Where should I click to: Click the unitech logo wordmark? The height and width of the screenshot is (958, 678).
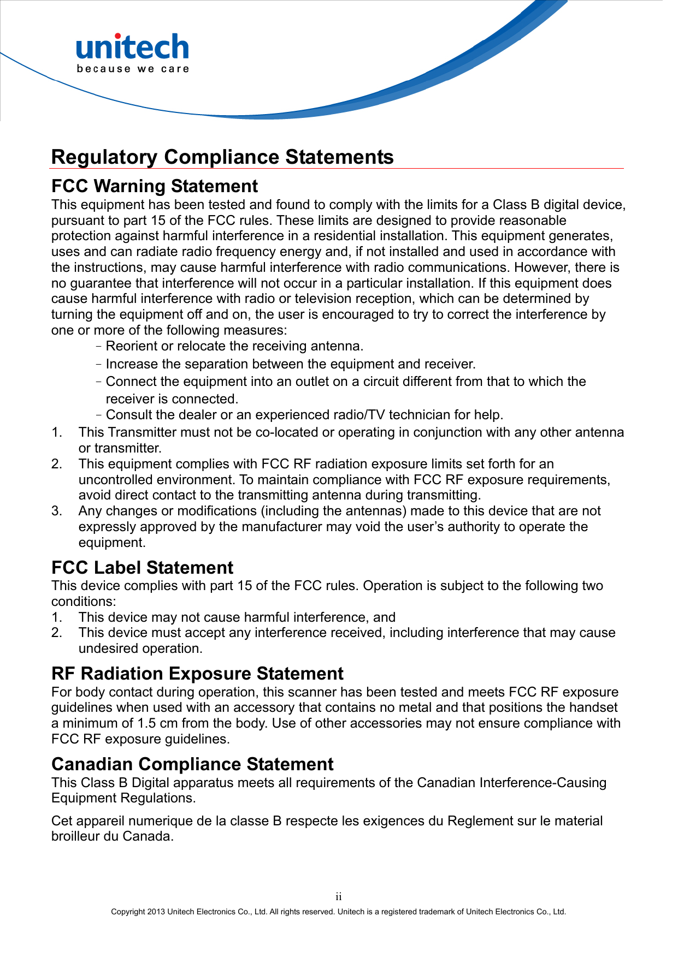(x=132, y=47)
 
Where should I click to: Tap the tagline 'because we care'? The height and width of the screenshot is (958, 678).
(x=133, y=69)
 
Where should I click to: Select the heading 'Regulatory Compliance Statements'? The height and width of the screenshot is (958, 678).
(x=222, y=157)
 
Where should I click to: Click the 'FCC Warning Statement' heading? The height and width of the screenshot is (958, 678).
(x=154, y=186)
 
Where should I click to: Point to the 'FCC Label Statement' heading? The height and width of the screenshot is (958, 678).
(x=142, y=568)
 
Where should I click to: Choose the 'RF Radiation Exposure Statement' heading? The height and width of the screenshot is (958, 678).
(x=197, y=674)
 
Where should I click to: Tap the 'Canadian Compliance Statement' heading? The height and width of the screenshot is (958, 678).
(x=192, y=764)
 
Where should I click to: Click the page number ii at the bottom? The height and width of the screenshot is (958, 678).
(x=339, y=897)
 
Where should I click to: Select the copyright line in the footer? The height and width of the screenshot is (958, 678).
(x=338, y=912)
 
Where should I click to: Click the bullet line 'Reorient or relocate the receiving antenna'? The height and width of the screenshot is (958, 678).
(x=234, y=346)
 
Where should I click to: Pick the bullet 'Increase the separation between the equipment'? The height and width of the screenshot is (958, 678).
(x=290, y=364)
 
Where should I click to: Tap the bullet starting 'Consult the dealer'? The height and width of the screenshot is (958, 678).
(x=304, y=415)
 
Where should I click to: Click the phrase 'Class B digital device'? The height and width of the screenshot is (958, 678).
(x=558, y=205)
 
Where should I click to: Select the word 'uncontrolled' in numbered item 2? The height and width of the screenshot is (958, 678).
(x=115, y=480)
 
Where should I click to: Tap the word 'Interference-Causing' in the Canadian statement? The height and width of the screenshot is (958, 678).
(x=543, y=783)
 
